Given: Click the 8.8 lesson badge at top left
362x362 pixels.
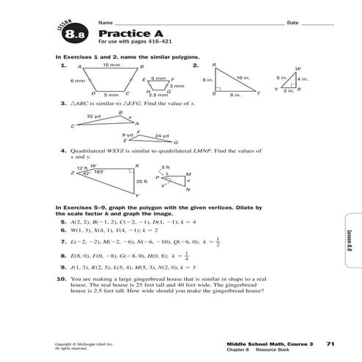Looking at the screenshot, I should coord(75,33).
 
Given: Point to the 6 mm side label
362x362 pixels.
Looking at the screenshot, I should coord(78,79).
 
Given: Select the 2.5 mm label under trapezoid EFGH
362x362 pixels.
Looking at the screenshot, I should coord(158,95).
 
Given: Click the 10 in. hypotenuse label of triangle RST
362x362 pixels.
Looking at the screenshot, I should coord(243,76).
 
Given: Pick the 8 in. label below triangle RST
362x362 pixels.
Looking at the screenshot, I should coord(235,95).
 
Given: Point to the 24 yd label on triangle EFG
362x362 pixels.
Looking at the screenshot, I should coord(162,135).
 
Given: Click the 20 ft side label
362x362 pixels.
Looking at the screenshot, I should coord(141,180).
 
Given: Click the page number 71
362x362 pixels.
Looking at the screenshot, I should coord(330,343).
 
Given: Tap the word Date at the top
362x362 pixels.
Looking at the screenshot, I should coord(292,23).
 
